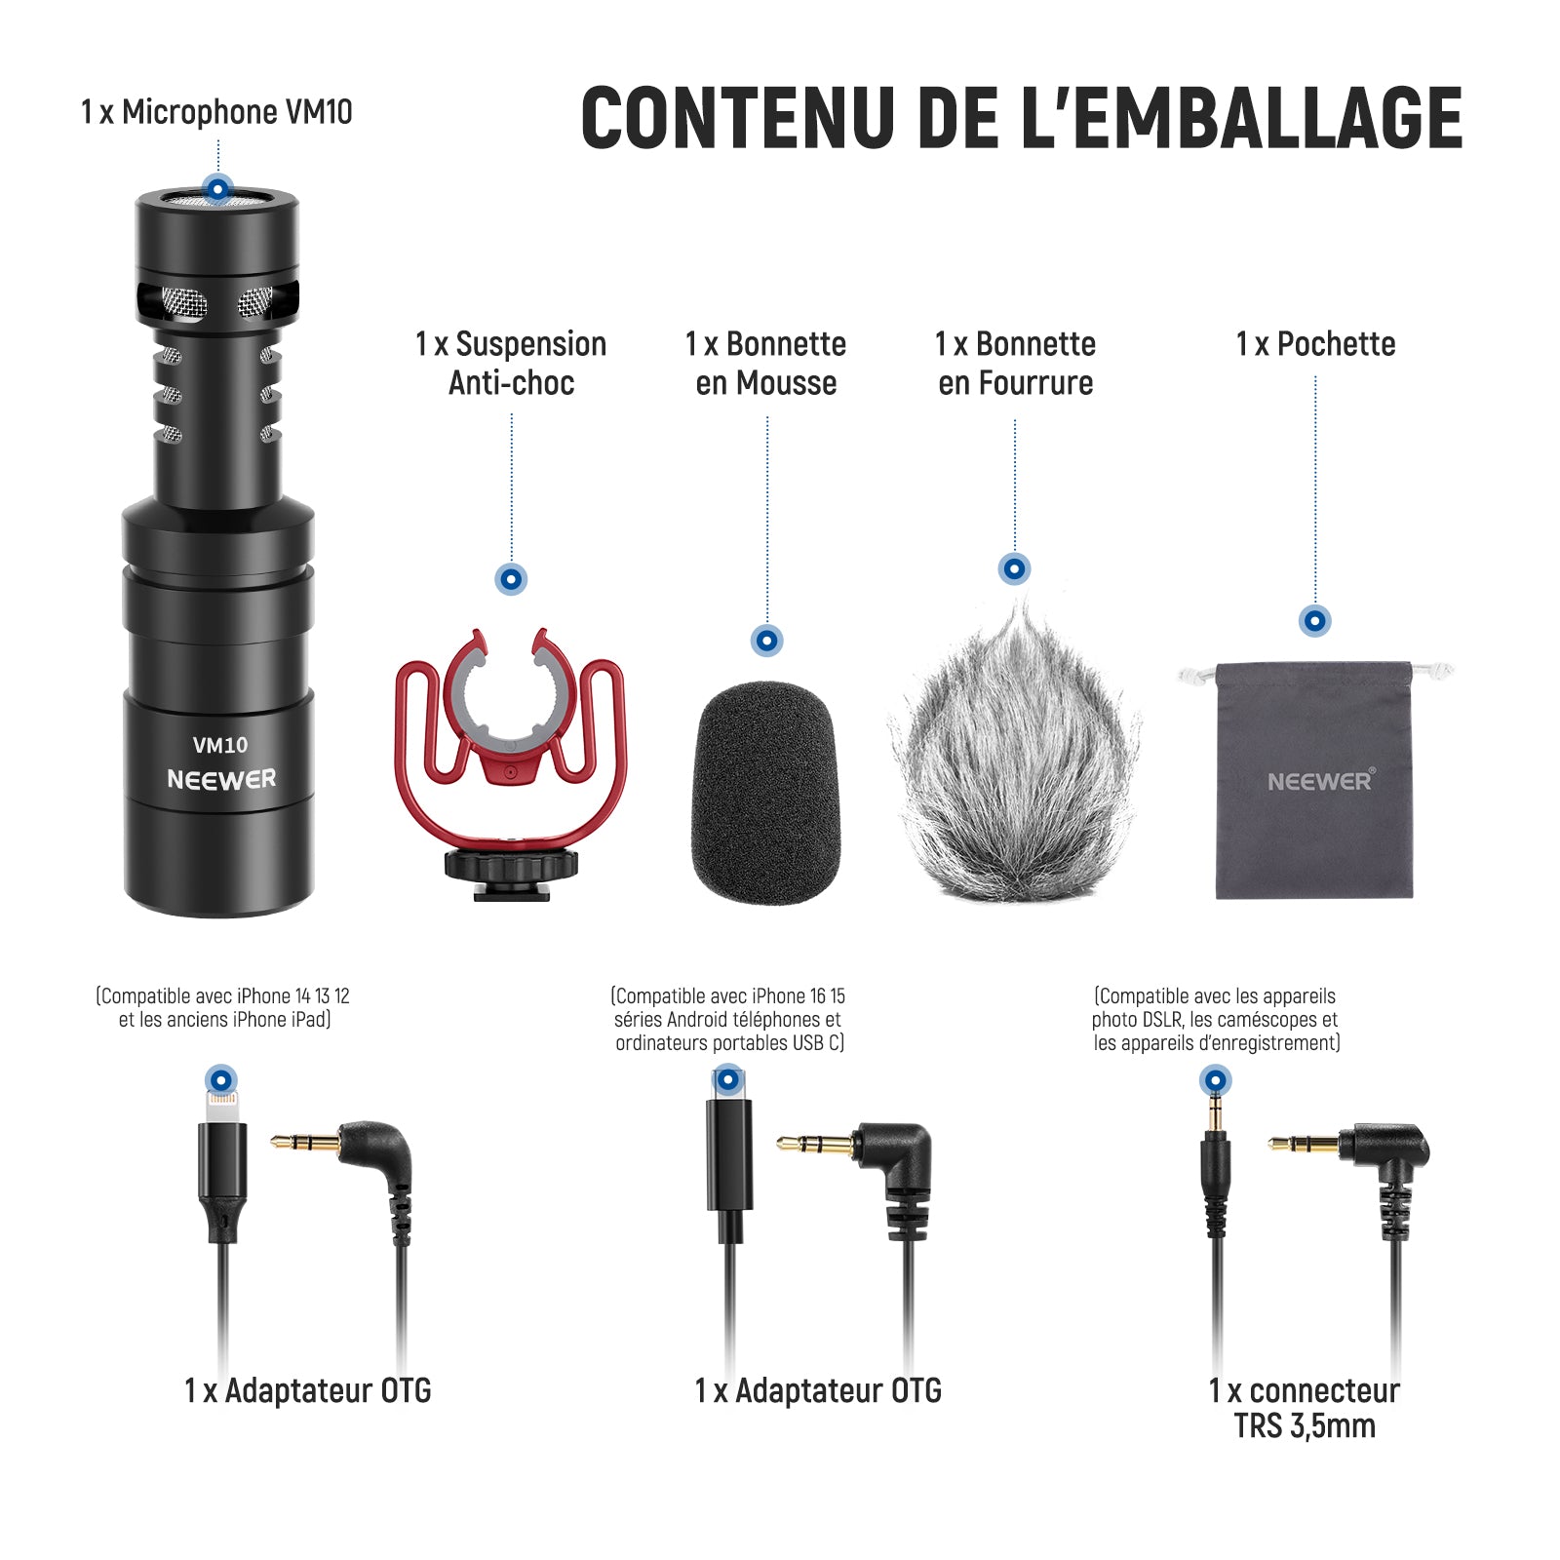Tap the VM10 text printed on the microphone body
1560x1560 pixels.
[220, 746]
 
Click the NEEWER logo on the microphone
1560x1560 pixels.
[221, 780]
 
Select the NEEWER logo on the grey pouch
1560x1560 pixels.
[1321, 780]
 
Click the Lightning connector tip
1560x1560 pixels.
[222, 1106]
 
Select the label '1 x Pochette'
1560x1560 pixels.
[1315, 344]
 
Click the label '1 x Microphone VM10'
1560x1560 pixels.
[216, 112]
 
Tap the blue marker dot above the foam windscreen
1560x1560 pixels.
[766, 641]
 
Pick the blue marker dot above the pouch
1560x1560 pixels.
[1315, 620]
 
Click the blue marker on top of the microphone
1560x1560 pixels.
[217, 187]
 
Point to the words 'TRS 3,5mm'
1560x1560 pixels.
[1305, 1426]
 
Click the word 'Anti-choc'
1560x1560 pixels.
[511, 383]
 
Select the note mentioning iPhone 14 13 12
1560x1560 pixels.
[223, 1008]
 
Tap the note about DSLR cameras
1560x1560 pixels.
[1216, 1020]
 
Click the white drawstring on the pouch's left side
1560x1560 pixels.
[1196, 675]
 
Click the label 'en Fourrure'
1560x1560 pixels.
[1015, 383]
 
